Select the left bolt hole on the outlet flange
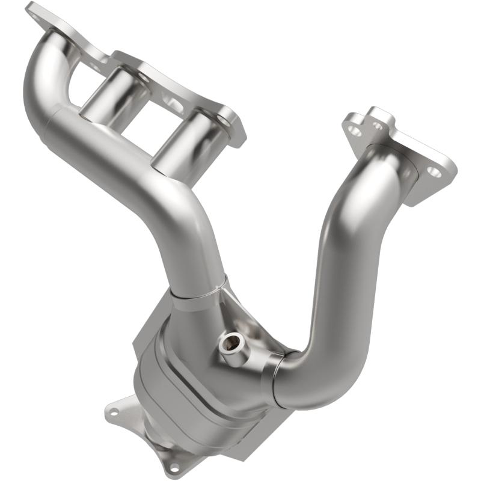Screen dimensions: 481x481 point(113,412)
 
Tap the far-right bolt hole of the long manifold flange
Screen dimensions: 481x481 point(224,121)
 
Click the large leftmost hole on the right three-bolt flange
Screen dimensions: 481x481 point(355,130)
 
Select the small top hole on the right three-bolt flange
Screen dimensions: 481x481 point(378,126)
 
